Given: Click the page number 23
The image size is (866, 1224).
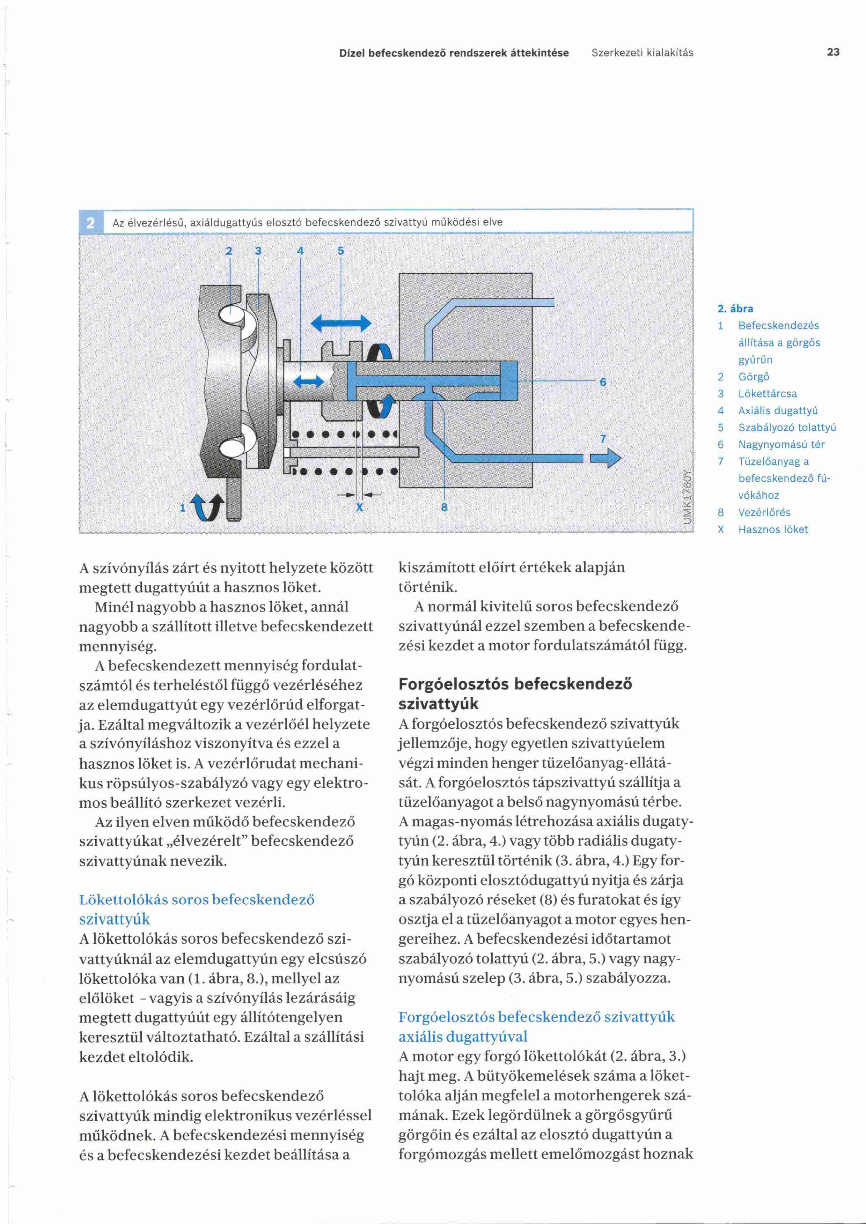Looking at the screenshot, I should pos(833,52).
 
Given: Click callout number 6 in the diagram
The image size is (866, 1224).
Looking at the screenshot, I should pos(603,382).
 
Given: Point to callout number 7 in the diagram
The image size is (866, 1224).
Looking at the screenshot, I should pos(603,439).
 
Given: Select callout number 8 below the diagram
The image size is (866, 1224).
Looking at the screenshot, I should pos(444,507).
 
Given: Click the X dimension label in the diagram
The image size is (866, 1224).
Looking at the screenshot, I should pos(359,507).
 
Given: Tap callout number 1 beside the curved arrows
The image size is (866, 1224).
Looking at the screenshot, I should pos(182,507).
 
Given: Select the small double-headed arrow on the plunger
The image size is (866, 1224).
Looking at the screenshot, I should pos(309,381).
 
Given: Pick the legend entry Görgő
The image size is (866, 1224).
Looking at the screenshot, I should pos(754,376).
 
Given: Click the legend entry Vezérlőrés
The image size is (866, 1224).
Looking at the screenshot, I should pos(764,512).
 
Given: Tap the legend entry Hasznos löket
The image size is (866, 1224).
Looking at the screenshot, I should pos(773,529).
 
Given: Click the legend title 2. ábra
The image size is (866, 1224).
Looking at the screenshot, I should pos(735,309).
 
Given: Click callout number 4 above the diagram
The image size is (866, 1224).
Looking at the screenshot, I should pos(300,251).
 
